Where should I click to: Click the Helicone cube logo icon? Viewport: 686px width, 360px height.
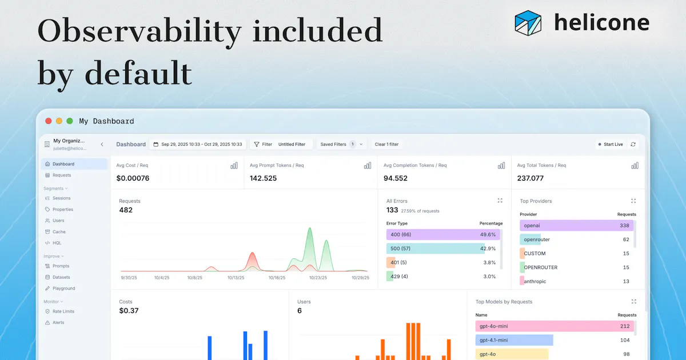click(x=528, y=23)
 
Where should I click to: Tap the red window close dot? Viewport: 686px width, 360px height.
click(x=49, y=121)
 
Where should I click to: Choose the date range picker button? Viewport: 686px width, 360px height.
click(x=198, y=144)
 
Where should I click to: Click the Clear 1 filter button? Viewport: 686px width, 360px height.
click(x=386, y=144)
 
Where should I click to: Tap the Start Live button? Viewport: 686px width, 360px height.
click(x=611, y=144)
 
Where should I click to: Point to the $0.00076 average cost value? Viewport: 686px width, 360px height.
click(x=133, y=178)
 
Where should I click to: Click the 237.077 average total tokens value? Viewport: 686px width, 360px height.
click(x=530, y=178)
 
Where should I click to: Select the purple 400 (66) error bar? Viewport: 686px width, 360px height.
click(x=443, y=234)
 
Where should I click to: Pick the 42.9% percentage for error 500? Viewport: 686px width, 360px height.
click(x=488, y=249)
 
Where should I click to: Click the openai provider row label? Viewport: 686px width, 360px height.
click(x=532, y=226)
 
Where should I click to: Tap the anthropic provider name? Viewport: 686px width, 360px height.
click(x=535, y=281)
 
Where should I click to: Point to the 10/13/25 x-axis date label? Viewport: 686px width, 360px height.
click(x=236, y=278)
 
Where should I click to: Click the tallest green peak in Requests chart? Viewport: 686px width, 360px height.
click(x=310, y=228)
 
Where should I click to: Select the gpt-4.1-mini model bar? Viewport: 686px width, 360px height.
click(x=514, y=340)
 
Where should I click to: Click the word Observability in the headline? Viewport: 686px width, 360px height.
click(x=139, y=31)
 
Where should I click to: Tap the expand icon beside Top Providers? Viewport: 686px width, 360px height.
click(x=633, y=201)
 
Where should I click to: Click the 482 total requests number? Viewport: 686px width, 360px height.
click(x=126, y=210)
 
